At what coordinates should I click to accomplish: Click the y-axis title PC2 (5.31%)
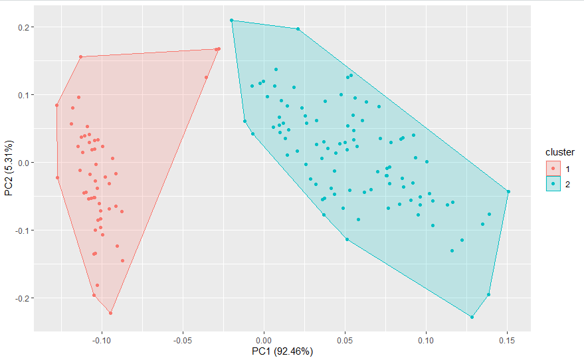9,169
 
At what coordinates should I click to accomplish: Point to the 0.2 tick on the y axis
22,27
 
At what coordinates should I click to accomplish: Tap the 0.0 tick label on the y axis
22,163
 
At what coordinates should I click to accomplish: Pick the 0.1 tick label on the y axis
22,95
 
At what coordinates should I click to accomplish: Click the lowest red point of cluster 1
110,313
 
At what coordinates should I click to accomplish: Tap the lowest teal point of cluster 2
472,317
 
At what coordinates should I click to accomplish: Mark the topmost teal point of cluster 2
232,21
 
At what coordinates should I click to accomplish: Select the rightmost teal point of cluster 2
508,191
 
